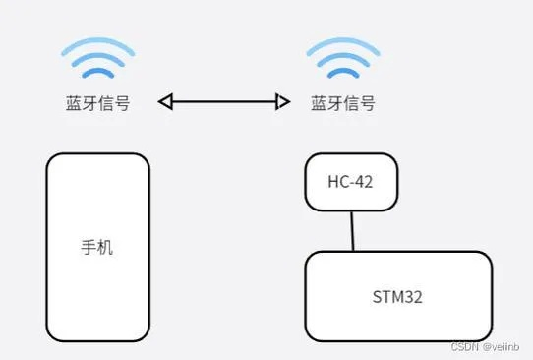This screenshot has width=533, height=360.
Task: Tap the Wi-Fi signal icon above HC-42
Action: (x=342, y=60)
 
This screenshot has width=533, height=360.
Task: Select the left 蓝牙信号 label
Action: (x=97, y=102)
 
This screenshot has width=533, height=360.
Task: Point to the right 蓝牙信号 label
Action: (x=343, y=102)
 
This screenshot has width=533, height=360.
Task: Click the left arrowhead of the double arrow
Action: (x=165, y=101)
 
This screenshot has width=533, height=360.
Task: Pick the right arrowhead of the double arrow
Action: (x=283, y=101)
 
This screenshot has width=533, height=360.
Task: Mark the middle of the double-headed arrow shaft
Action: (x=224, y=101)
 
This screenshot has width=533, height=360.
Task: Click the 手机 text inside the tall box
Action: (x=97, y=247)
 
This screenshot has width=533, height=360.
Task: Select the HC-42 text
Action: (x=351, y=182)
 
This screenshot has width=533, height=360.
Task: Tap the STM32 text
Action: (x=397, y=296)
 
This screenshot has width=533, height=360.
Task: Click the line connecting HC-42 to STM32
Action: (x=352, y=231)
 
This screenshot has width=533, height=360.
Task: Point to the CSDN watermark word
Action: (x=464, y=348)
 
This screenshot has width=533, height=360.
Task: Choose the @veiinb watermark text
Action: (x=502, y=348)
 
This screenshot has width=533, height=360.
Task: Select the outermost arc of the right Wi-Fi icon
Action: (x=342, y=44)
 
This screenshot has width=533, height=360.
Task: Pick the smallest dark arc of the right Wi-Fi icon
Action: (x=342, y=73)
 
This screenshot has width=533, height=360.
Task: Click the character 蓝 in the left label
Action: (x=74, y=102)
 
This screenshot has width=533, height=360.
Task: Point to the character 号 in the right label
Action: (x=367, y=102)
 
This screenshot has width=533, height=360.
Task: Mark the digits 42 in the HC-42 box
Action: (x=364, y=182)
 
